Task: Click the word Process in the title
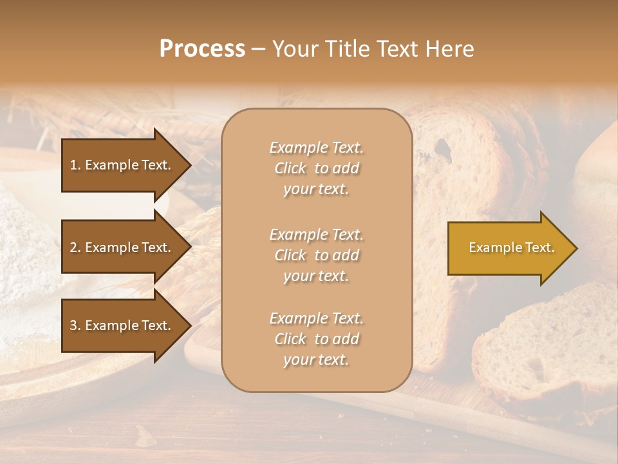coord(202,49)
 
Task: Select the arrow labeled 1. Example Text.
coord(122,165)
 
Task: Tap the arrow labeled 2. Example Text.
coord(122,247)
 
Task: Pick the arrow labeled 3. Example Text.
coord(122,325)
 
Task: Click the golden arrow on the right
coord(509,248)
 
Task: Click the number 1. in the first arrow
coord(75,165)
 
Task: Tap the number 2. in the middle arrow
coord(75,247)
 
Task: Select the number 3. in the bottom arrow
coord(75,325)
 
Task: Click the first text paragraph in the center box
coord(316,168)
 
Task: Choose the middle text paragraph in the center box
coord(316,255)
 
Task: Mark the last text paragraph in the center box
coord(316,339)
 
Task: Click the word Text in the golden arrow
coord(540,247)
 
